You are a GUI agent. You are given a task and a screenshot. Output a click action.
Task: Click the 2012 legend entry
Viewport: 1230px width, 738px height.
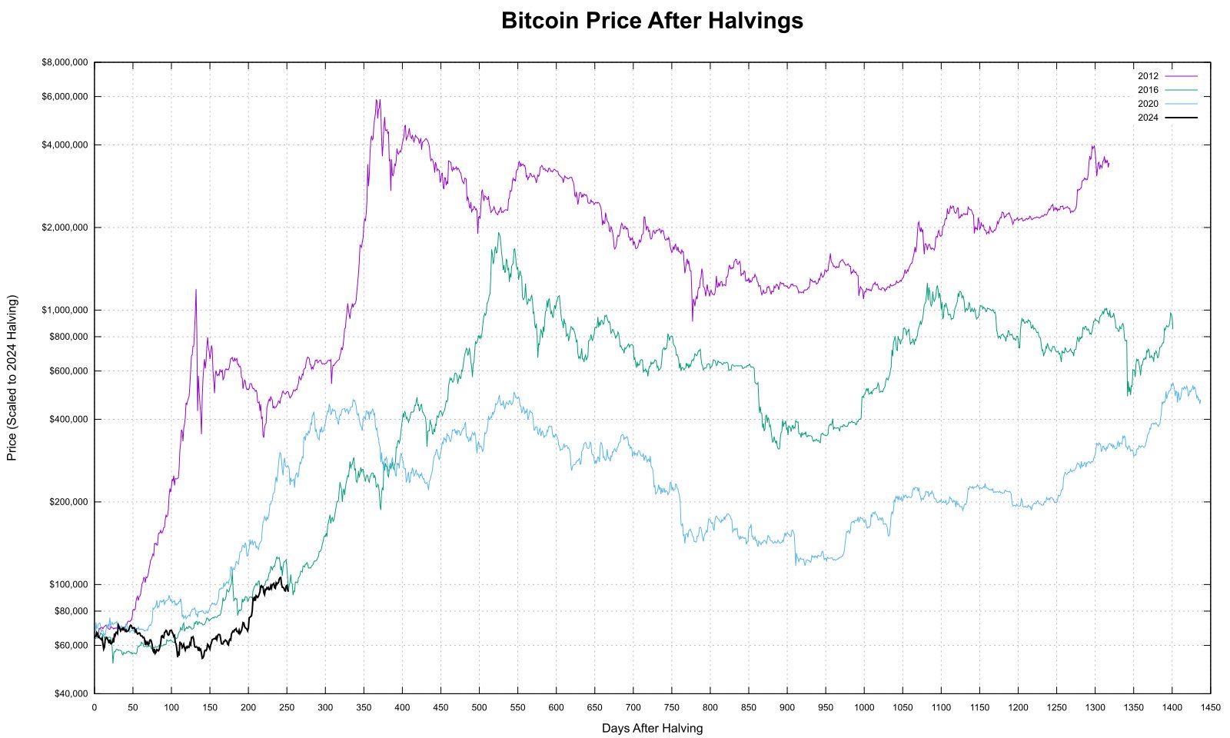click(1167, 76)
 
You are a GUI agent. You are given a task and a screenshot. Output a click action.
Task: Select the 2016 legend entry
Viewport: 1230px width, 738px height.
click(1167, 90)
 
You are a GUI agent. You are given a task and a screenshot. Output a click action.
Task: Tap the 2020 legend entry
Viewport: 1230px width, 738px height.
click(1167, 104)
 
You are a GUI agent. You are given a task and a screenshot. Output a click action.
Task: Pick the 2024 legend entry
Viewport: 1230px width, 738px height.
click(1167, 118)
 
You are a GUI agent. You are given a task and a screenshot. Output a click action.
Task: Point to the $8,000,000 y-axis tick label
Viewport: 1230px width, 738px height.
click(65, 62)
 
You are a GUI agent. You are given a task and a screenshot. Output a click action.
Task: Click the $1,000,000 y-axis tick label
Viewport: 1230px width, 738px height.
click(65, 310)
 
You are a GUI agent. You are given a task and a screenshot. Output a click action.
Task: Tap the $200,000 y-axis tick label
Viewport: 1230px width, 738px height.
click(67, 502)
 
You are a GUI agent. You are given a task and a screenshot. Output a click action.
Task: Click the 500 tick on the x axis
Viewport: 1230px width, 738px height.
click(479, 707)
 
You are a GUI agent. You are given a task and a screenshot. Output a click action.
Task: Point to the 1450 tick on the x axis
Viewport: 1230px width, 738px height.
click(1211, 707)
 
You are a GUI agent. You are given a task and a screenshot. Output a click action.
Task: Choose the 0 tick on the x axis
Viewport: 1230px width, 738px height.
click(95, 707)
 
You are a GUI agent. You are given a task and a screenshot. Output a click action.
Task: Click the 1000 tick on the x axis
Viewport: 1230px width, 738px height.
click(864, 707)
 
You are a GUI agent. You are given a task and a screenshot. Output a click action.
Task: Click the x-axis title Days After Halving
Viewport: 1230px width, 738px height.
click(652, 728)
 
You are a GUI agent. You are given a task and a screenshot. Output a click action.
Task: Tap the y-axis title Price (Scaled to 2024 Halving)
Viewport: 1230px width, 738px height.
click(12, 377)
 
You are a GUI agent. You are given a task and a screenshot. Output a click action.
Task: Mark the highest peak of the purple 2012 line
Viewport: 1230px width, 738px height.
click(377, 99)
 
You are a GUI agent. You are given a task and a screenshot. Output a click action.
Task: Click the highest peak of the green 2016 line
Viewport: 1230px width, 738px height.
click(498, 233)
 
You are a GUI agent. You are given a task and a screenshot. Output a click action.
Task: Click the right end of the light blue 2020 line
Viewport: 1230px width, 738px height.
click(1200, 402)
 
